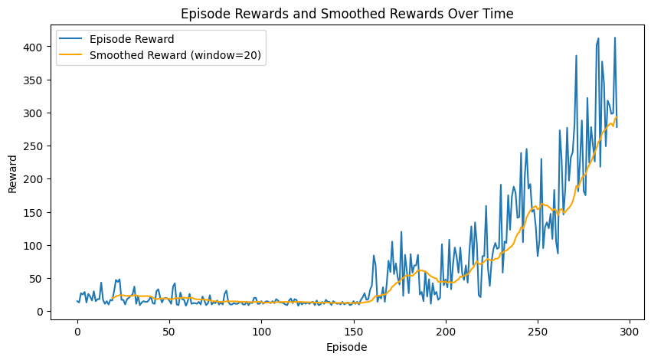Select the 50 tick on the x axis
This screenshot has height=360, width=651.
169,331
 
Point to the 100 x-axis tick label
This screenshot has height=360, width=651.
262,331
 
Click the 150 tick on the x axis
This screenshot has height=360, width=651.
354,331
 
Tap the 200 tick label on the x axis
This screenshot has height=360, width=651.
446,331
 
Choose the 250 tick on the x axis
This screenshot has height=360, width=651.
538,331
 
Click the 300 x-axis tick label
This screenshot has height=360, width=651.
630,331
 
